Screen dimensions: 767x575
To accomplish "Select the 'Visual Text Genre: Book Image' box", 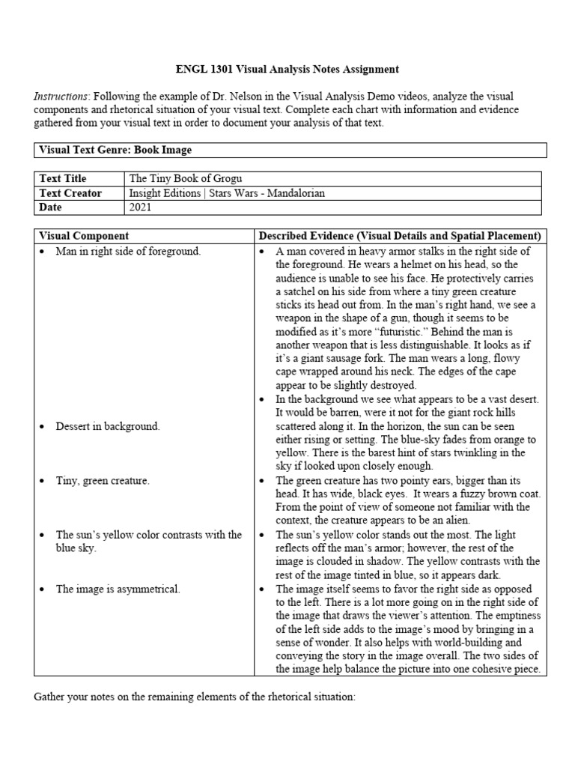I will point(115,150).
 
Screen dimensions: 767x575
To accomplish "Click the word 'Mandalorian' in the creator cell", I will point(294,192).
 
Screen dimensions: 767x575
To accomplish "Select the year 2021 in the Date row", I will point(141,207).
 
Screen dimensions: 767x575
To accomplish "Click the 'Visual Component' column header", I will point(84,236).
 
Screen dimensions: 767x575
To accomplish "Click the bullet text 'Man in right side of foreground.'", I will point(128,252).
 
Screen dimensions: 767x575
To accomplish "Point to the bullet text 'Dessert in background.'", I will point(108,426).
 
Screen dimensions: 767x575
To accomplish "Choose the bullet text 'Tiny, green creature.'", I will point(103,481).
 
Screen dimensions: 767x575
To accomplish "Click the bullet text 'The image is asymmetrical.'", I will point(118,589).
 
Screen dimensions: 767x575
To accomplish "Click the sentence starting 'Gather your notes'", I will point(195,697).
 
